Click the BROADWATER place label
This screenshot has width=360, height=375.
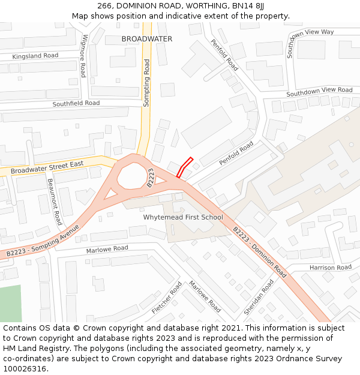tap(146, 39)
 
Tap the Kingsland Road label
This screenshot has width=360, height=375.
tap(35, 56)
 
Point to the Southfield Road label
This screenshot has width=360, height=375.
tap(76, 103)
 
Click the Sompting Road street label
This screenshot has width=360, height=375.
tap(146, 83)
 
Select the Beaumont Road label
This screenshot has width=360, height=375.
tap(55, 202)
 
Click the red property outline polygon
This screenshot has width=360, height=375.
tap(185, 167)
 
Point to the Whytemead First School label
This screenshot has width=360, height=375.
tap(183, 217)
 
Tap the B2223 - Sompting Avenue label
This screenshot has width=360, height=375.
tap(43, 241)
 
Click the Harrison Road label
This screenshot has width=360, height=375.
tap(330, 268)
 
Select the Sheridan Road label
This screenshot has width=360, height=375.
tap(259, 297)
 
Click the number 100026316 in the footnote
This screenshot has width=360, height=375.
tap(24, 369)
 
